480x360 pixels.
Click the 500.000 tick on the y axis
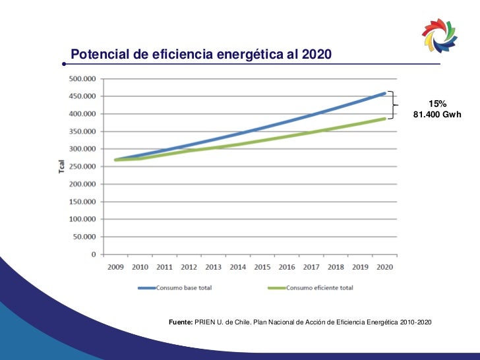(x=82, y=78)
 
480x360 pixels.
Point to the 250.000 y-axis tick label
(x=82, y=166)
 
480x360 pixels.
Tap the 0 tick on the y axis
(x=93, y=254)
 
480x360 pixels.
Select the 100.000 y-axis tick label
(x=82, y=219)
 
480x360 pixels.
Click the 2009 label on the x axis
(x=115, y=267)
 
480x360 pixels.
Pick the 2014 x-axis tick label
(x=238, y=267)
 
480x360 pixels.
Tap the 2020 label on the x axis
(x=385, y=267)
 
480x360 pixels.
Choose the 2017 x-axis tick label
(x=311, y=267)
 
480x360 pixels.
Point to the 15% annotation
(x=437, y=104)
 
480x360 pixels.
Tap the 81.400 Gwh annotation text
(x=436, y=115)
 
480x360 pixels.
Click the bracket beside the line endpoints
(x=392, y=105)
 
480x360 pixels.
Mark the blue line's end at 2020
(x=385, y=93)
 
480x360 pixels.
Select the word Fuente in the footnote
(x=180, y=322)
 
